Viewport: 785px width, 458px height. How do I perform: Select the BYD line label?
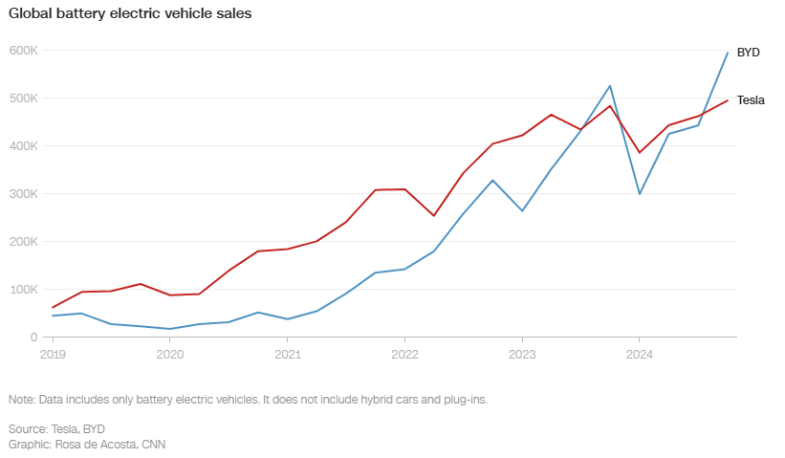(748, 53)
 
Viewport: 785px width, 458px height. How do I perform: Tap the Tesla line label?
(751, 100)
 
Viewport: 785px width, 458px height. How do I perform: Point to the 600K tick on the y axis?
(23, 50)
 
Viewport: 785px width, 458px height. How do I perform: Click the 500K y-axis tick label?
(23, 98)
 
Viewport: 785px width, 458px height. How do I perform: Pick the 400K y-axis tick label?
(23, 145)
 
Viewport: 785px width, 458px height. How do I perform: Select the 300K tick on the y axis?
(23, 193)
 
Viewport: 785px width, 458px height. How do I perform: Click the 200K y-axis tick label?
(23, 241)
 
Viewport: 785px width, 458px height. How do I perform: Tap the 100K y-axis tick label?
(23, 289)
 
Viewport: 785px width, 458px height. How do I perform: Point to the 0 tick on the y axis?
(33, 337)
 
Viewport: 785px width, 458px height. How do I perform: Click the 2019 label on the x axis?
(53, 354)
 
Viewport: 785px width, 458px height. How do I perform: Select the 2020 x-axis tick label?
(170, 354)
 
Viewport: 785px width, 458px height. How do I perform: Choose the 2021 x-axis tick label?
(287, 354)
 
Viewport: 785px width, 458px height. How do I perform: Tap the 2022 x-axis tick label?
(404, 354)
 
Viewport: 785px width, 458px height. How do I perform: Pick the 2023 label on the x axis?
(522, 354)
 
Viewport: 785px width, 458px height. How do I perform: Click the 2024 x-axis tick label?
(640, 354)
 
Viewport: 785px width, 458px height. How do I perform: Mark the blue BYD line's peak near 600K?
(728, 53)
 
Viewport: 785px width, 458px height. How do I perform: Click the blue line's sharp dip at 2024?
(640, 194)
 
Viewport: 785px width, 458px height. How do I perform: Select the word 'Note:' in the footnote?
(22, 399)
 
